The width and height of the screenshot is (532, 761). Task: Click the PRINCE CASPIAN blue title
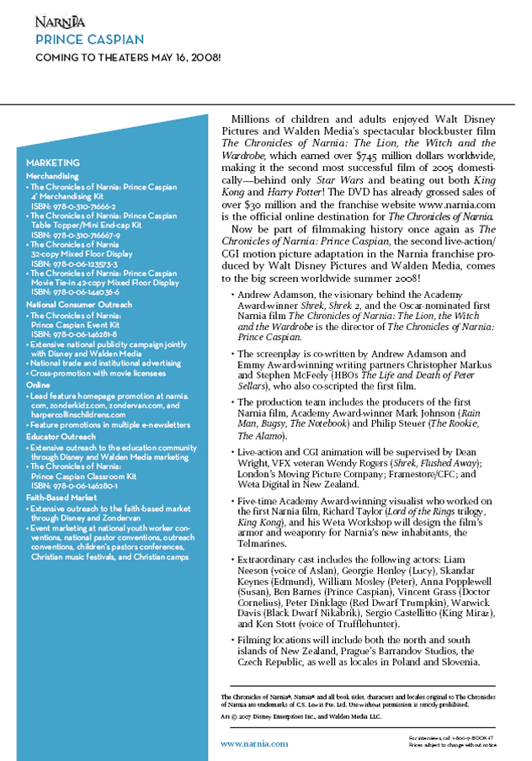89,40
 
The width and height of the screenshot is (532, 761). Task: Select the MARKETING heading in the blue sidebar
53,162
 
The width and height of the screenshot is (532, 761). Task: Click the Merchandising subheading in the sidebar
52,176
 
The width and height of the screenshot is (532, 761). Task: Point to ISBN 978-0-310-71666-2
74,205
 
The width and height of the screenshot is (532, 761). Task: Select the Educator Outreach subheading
61,437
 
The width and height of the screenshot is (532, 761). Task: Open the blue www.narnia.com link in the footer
254,743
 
